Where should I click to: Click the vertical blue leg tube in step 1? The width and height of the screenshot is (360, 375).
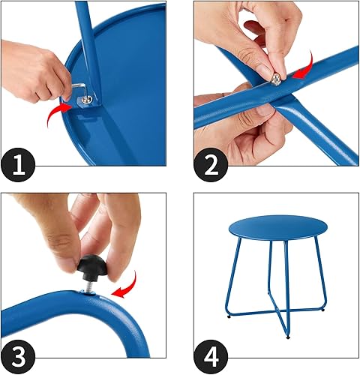click(88, 45)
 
